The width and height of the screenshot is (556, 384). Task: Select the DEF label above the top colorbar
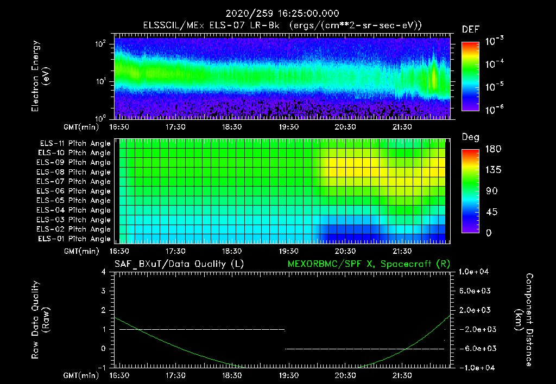[x=470, y=29]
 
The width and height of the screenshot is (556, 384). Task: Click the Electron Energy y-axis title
[x=41, y=76]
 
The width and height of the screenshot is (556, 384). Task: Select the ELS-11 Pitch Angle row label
[x=75, y=144]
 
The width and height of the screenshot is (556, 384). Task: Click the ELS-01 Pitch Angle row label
[x=75, y=239]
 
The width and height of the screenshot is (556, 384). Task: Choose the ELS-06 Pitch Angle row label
[x=75, y=191]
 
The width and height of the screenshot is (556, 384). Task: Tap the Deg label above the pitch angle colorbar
[x=470, y=138]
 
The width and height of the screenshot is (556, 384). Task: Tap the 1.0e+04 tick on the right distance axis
[x=475, y=272]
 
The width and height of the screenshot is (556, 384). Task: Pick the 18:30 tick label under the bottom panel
[x=232, y=375]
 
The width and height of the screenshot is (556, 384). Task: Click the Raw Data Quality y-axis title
[x=41, y=320]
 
